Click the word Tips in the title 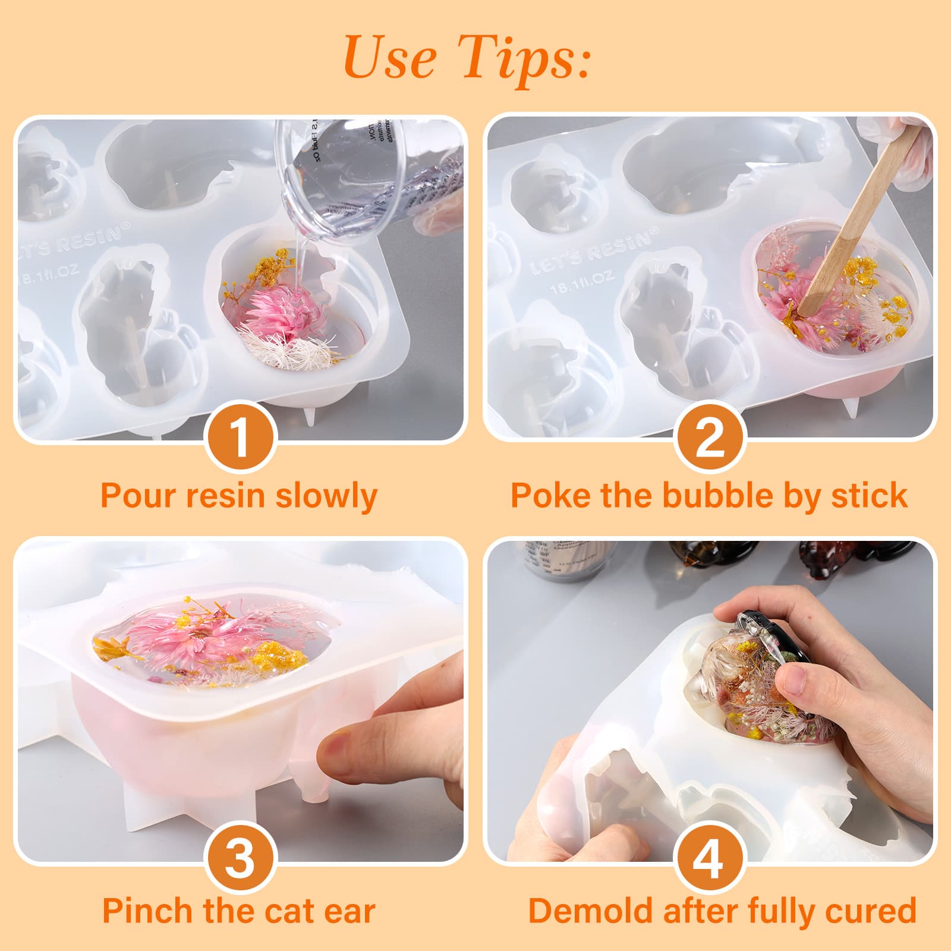(526, 58)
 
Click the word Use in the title (390, 58)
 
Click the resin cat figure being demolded (761, 684)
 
